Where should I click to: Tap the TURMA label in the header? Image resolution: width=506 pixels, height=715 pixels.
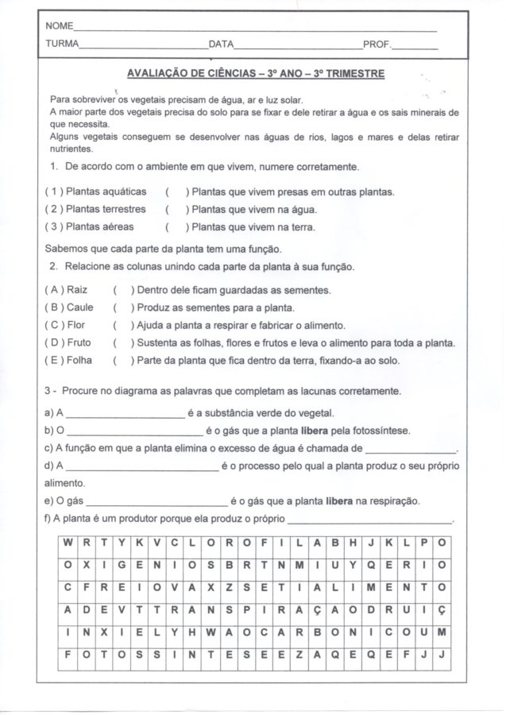[62, 45]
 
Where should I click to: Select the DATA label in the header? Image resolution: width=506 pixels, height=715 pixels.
[221, 45]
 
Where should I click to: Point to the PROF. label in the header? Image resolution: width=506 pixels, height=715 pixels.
[377, 45]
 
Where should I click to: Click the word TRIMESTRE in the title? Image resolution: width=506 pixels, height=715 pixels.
[349, 74]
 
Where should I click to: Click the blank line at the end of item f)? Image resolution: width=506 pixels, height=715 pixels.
[368, 520]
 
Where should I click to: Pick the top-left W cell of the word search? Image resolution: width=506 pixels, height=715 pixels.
[70, 543]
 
